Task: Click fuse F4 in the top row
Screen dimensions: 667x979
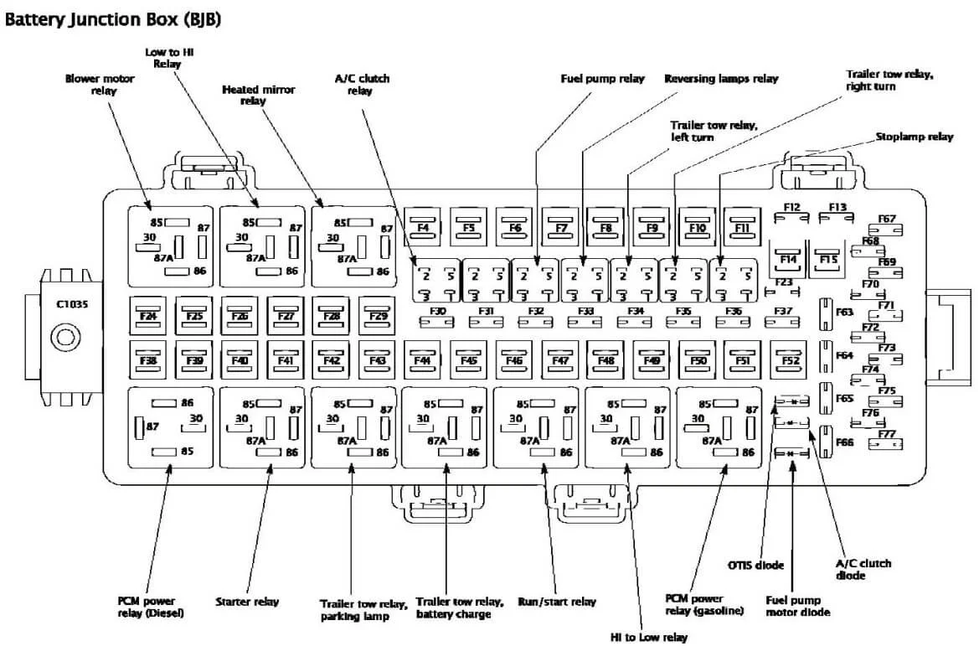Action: tap(423, 226)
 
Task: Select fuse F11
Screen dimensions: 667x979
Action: tap(741, 226)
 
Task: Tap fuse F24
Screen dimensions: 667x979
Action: tap(148, 315)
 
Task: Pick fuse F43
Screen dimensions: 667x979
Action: tap(377, 360)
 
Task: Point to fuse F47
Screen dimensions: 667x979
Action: tap(559, 360)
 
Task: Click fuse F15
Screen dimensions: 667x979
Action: tap(828, 259)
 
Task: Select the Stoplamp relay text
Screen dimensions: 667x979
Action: tap(914, 137)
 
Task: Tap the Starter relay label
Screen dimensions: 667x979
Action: tap(247, 602)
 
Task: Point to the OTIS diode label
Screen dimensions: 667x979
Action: tap(756, 566)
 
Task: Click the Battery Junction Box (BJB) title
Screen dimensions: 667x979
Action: tap(114, 18)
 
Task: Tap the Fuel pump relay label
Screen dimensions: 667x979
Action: tap(602, 79)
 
